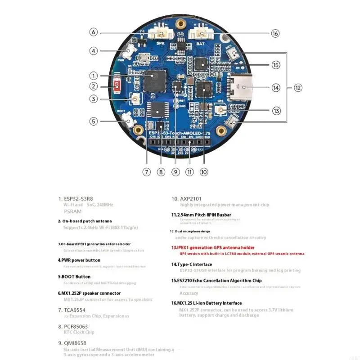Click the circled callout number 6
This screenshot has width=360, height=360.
point(93,32)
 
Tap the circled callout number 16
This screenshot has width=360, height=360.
point(275,33)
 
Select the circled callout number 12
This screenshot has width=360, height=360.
point(298,88)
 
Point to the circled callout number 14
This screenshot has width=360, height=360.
point(276,88)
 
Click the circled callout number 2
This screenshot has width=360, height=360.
point(93,86)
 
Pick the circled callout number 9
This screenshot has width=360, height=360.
point(176,171)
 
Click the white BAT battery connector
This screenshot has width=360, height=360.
point(200,33)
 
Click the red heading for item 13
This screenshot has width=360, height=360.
point(213,247)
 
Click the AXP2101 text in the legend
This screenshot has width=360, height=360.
point(185,198)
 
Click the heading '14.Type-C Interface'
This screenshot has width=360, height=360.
point(191,264)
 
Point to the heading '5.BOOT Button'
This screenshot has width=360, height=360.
point(74,277)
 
